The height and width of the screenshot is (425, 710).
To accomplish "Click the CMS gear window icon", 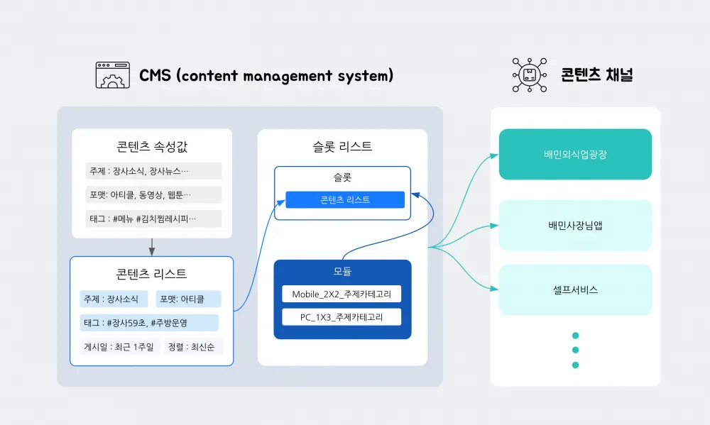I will point(113,75).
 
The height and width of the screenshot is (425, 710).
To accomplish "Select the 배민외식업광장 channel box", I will point(575,154).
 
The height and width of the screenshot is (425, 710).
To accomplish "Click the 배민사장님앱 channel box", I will point(575,226).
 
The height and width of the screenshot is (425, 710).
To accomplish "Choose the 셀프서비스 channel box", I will point(575,289).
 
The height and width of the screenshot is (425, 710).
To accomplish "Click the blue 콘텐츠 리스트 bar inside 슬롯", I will point(345,200).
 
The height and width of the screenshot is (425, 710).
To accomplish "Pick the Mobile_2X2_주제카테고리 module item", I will point(342,294).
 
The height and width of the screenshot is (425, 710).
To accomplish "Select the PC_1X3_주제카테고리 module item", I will point(342,316).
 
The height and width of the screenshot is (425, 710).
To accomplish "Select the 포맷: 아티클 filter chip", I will point(188,299).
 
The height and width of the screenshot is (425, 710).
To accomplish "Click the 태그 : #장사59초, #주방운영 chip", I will point(148,322).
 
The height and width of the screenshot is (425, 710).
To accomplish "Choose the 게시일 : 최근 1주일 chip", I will point(119,347).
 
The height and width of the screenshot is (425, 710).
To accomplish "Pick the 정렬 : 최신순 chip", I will point(193,347).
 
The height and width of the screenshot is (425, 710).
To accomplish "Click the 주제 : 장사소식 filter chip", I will point(114,299).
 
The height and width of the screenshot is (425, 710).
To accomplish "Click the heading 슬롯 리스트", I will point(342,147).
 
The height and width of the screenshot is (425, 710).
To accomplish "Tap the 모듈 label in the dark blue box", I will point(342,271).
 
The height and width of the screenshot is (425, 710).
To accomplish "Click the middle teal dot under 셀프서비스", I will point(575,350).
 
